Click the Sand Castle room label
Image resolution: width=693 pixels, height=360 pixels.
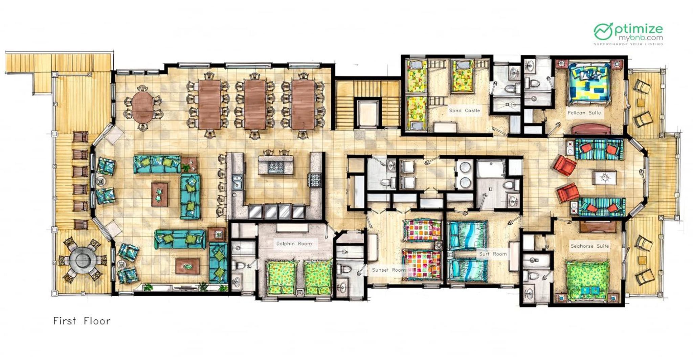pos(464,110)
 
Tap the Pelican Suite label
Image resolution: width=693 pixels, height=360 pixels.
pos(584,113)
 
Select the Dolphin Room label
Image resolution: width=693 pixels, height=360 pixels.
pos(294,243)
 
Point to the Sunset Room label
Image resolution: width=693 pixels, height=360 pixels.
pos(388,270)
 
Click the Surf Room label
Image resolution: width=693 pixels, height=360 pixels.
pos(493,254)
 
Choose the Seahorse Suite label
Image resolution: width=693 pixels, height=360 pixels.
pos(589,246)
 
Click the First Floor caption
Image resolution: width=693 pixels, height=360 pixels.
pos(82,321)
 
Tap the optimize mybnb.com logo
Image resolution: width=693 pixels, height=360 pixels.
pos(628,34)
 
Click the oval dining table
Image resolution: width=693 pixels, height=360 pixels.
pos(142,105)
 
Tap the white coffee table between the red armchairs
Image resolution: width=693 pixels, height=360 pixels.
pos(604,178)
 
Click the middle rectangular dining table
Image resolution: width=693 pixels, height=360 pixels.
pos(255,105)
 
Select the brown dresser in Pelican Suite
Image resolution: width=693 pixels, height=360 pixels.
pos(591,129)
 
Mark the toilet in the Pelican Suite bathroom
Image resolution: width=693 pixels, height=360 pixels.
pos(534,83)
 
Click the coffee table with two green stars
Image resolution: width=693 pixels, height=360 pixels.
pos(159,194)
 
